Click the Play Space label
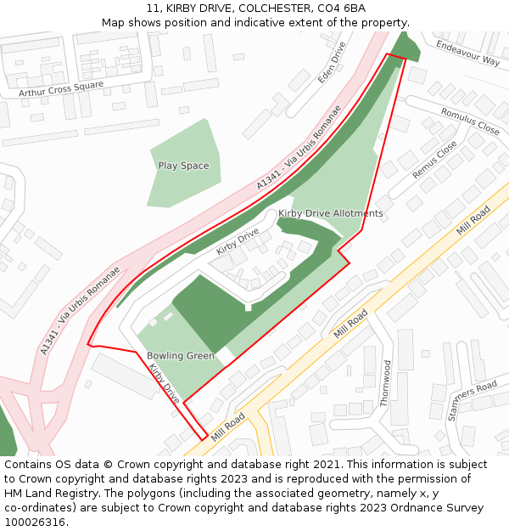click(183, 166)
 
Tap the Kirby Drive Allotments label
click(331, 213)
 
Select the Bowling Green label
click(181, 356)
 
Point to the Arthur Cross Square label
click(61, 88)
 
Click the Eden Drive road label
click(332, 62)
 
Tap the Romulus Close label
click(470, 121)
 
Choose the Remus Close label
click(434, 159)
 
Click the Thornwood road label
click(387, 383)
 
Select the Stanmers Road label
click(472, 400)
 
